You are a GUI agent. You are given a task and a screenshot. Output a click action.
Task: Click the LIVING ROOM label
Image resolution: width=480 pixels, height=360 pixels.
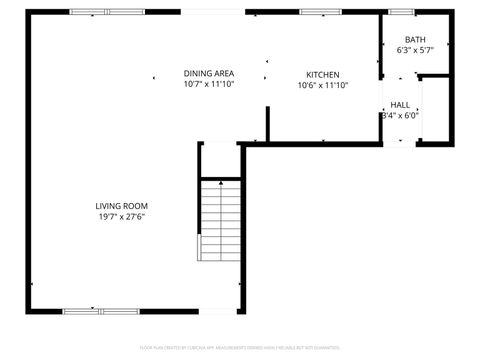tap(122, 206)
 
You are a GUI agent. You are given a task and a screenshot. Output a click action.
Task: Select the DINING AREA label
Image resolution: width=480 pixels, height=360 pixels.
tap(209, 74)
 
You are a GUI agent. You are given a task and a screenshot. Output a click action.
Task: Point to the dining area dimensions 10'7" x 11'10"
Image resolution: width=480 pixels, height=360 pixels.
tap(209, 85)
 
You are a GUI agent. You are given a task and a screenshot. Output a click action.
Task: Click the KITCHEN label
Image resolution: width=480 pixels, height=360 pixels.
tap(323, 75)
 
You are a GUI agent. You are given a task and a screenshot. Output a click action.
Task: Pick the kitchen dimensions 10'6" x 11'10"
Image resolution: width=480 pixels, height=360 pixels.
tap(323, 86)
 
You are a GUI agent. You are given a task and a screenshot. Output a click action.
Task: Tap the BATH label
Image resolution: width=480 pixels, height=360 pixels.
tap(414, 40)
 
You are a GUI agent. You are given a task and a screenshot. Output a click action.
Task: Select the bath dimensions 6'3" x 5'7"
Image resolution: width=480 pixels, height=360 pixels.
tap(414, 50)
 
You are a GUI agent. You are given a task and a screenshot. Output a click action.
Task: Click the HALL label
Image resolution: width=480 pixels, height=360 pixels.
tap(400, 105)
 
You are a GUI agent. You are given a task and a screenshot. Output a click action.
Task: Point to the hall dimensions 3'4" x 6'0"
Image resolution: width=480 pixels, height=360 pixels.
tap(400, 115)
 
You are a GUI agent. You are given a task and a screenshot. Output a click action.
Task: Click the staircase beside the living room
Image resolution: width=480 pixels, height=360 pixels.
tap(221, 219)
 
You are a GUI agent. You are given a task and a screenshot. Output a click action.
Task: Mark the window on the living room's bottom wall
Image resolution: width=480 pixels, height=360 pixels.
tap(101, 311)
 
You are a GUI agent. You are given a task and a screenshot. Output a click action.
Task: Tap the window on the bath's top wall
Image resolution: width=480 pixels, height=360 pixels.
tap(402, 12)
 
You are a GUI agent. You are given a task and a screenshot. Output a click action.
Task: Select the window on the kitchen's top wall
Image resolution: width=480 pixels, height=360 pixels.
tap(319, 12)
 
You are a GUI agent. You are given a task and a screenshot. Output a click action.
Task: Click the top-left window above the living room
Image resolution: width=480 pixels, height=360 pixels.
tap(106, 12)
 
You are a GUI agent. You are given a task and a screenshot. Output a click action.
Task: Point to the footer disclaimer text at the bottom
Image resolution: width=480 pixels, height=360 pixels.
tap(240, 347)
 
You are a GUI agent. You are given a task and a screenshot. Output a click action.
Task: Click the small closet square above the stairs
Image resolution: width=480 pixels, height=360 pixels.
tap(220, 160)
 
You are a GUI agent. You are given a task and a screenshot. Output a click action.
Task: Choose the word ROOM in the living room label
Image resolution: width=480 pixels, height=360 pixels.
tap(136, 206)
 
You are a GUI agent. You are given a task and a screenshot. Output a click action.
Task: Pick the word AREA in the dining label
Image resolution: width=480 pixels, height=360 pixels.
tap(223, 74)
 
